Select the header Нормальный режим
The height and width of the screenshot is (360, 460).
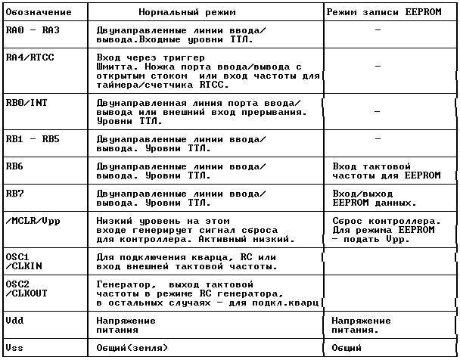[187, 13]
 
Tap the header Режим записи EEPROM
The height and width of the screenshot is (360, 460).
[389, 13]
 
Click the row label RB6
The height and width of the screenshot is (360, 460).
[14, 165]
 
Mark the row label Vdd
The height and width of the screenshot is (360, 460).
[14, 320]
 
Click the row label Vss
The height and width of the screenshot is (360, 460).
[14, 347]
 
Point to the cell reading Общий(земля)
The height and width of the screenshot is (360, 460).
[132, 347]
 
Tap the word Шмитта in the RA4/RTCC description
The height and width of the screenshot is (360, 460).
[114, 66]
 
